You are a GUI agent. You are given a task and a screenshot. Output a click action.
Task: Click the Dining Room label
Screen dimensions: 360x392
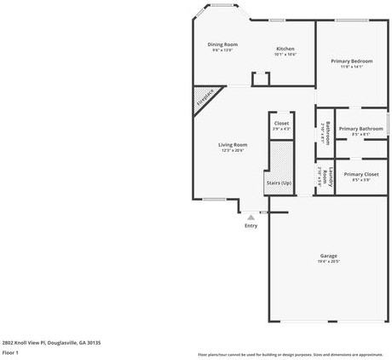point(222,44)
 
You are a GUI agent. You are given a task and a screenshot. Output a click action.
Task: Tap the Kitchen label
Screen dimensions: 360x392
point(285,49)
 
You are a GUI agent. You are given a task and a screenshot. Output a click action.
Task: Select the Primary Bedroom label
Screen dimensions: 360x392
point(351,61)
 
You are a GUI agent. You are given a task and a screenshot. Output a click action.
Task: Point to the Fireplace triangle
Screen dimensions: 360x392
point(203,100)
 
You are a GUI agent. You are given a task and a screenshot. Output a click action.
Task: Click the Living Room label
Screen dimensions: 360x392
point(233,145)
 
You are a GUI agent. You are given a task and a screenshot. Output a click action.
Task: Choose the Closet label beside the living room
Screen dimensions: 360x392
point(281,124)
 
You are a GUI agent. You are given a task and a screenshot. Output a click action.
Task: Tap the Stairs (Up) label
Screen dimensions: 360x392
point(279,183)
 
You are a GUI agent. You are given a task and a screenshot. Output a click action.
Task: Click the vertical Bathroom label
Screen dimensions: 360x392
point(327,133)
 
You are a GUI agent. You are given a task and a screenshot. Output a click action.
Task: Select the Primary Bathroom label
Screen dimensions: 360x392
point(360,129)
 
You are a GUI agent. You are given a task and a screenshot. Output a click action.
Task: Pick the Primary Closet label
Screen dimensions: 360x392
point(360,174)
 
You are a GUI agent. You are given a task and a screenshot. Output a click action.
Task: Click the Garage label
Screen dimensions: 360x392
point(328,256)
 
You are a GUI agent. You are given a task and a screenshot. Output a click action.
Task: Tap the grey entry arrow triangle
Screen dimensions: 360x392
point(251,218)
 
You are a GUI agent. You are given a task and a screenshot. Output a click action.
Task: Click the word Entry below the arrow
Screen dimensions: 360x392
point(251,226)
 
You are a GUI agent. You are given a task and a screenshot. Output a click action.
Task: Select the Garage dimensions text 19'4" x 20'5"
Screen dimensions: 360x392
point(328,262)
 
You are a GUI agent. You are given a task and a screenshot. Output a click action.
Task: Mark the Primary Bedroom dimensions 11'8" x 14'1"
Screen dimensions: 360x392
point(351,67)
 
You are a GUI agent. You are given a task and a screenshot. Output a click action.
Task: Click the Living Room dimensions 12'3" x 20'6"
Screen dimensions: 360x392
point(233,151)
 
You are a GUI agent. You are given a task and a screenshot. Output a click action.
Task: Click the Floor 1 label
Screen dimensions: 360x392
point(10,352)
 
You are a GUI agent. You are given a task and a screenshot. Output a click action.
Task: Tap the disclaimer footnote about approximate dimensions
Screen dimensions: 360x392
point(291,354)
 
